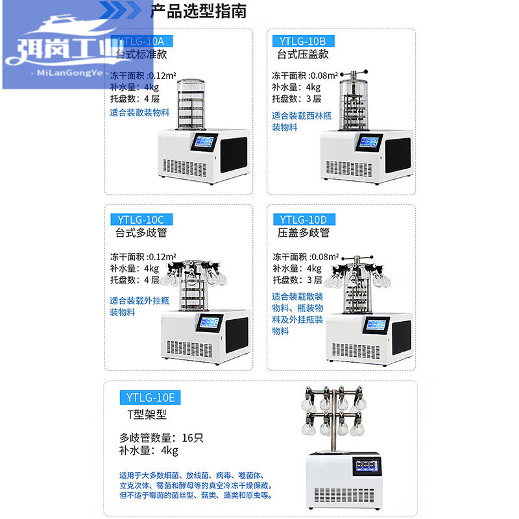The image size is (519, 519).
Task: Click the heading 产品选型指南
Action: (x=199, y=11)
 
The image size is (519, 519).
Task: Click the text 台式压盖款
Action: (x=302, y=54)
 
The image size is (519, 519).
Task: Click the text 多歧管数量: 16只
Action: (x=161, y=437)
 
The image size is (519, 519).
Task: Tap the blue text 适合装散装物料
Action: (x=139, y=113)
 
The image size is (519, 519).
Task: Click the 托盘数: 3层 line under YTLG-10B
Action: (x=296, y=99)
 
